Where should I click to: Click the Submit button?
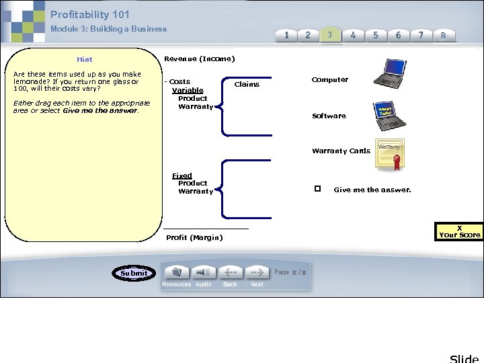tap(134, 273)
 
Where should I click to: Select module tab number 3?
tap(329, 35)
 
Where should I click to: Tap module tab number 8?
tap(443, 35)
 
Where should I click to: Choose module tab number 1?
tap(286, 35)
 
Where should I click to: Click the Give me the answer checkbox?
tap(317, 189)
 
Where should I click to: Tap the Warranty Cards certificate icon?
tap(391, 154)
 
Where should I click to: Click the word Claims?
tap(247, 84)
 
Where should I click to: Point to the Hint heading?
tap(85, 59)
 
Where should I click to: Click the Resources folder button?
tap(177, 272)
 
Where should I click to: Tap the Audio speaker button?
tap(203, 272)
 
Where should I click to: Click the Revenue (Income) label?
tap(200, 58)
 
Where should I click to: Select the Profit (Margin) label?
tap(194, 237)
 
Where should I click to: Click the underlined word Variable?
tap(188, 90)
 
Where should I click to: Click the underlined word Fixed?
tap(182, 175)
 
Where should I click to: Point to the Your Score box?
tap(459, 231)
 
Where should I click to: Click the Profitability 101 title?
tap(90, 14)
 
